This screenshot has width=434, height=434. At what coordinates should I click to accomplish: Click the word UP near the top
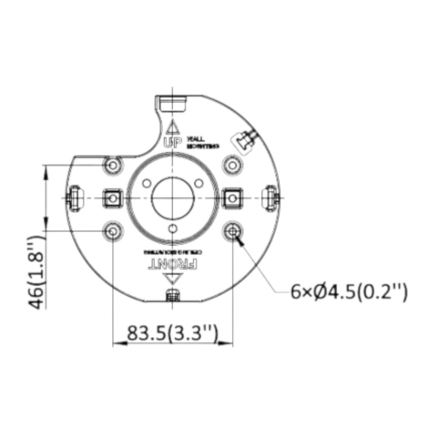(171, 143)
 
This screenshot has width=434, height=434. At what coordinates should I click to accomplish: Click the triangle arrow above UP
(172, 127)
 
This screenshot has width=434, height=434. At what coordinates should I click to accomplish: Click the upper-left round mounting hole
(113, 165)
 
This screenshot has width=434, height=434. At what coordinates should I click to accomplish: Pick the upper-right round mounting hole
(232, 165)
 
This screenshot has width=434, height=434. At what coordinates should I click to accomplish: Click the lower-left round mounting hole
(113, 230)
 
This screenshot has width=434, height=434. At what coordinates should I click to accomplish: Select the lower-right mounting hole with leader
(232, 230)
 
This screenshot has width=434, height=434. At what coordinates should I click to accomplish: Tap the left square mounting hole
(113, 198)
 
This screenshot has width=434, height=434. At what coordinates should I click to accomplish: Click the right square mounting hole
(232, 198)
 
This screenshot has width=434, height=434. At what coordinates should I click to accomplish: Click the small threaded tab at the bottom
(173, 295)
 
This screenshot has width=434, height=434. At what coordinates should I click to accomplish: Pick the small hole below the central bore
(173, 229)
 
